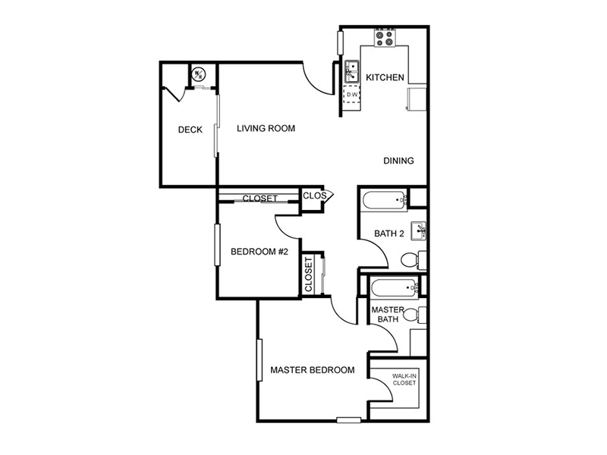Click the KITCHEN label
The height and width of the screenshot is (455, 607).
[385, 77]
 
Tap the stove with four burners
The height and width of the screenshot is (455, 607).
[385, 38]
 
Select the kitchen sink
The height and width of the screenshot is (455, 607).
[352, 71]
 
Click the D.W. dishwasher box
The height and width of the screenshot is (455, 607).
[352, 94]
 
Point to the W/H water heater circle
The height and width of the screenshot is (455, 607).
[199, 74]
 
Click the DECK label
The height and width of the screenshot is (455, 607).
[190, 130]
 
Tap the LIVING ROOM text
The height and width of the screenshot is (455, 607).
[266, 128]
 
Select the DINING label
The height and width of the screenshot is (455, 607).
[398, 161]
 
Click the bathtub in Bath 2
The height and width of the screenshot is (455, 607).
[385, 200]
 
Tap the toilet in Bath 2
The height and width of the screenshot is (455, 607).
[413, 260]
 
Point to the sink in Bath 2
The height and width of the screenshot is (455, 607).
[418, 231]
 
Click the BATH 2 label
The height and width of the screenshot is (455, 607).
[389, 234]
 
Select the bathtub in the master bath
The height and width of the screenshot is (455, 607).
[395, 287]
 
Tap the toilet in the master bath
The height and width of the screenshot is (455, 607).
[414, 315]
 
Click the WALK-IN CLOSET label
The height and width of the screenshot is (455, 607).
[404, 380]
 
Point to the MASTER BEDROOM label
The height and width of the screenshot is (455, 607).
[313, 370]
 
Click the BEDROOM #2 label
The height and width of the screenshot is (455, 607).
[259, 252]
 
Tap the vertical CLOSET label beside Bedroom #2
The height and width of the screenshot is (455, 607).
[309, 275]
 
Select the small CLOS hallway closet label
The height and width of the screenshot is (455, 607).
[314, 196]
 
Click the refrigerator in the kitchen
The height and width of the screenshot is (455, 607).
[417, 99]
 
